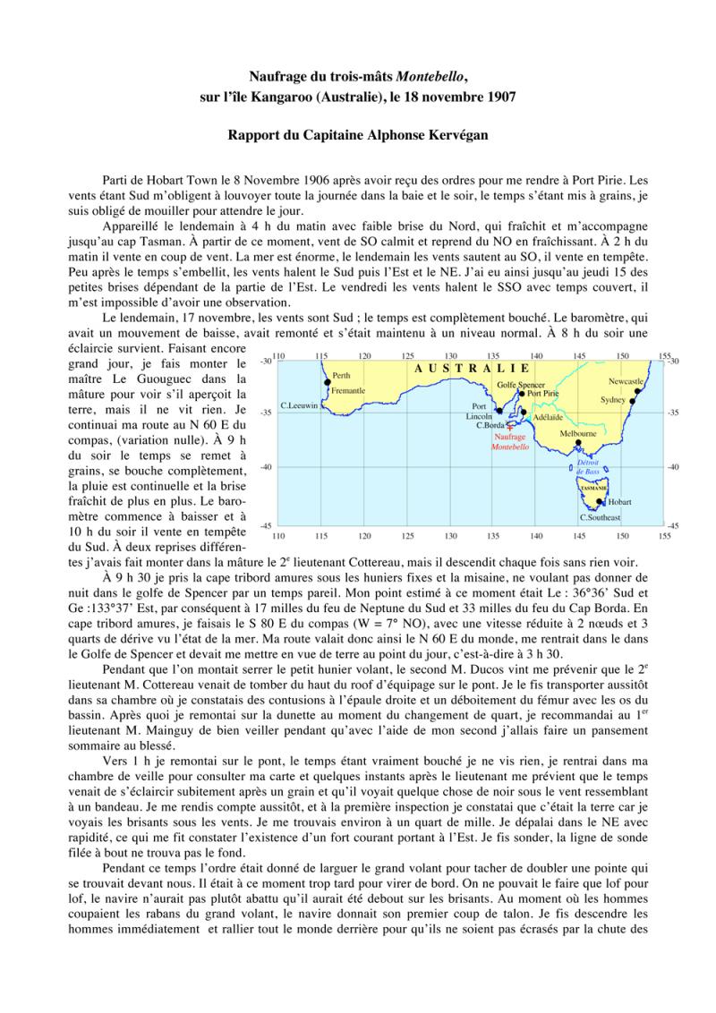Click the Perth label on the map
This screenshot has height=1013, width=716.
tap(341, 376)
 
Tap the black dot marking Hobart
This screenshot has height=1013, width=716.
tap(600, 502)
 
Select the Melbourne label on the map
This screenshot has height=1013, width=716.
tap(578, 432)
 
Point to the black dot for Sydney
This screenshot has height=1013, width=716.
tap(632, 402)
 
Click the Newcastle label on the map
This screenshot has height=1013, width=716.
tap(626, 381)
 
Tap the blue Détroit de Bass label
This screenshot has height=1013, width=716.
tap(587, 466)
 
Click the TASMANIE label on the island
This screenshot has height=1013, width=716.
tap(593, 488)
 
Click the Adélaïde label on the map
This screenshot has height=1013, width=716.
tap(547, 417)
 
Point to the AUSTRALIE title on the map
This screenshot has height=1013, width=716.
tap(472, 369)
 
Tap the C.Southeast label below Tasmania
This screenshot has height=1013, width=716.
tap(599, 517)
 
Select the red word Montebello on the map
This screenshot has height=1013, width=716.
tap(510, 445)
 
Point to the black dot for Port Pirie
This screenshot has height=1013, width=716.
tap(522, 393)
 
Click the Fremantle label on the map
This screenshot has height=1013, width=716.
tap(348, 391)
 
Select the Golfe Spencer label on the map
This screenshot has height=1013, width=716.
tap(521, 384)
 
